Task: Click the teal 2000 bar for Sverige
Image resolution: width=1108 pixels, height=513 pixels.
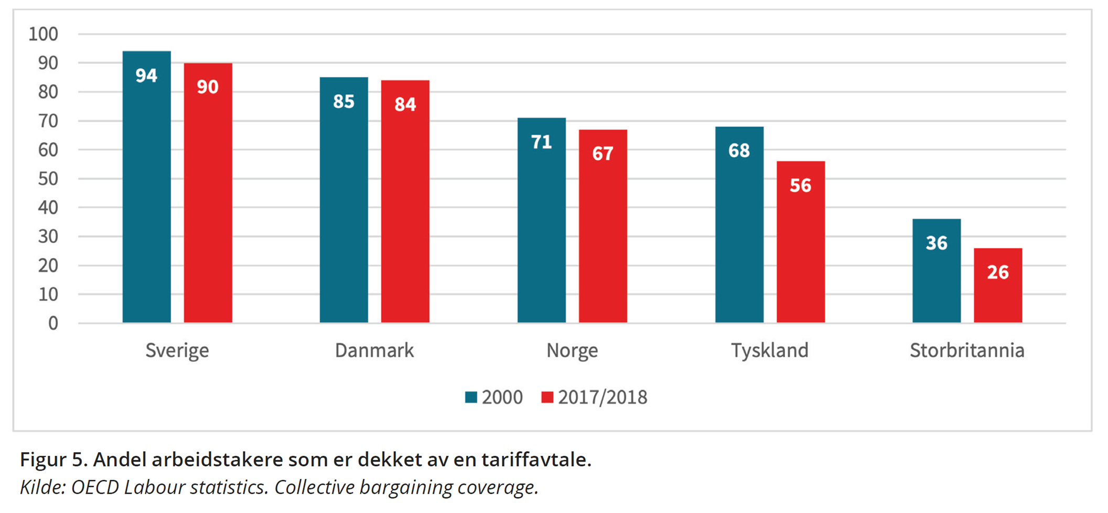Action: point(146,199)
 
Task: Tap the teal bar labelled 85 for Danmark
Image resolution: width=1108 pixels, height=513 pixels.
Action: point(343,210)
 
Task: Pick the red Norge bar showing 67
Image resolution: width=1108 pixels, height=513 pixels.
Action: point(603,236)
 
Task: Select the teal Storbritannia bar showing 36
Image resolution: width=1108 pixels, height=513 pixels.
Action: point(936,278)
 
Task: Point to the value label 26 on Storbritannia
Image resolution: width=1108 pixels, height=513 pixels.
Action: point(997,272)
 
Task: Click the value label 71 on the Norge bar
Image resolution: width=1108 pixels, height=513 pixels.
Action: point(541,142)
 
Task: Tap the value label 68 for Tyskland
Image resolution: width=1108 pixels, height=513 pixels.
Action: point(739,151)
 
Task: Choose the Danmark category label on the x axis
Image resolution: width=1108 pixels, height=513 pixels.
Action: point(374,350)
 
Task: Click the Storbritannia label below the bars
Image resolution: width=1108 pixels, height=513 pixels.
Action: point(966,350)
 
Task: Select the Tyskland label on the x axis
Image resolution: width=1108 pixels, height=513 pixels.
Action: point(769,350)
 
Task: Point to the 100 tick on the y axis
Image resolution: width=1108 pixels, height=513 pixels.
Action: point(43,34)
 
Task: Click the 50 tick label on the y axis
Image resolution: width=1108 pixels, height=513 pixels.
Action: point(48,179)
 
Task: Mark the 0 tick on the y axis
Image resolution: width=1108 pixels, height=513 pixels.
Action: point(53,323)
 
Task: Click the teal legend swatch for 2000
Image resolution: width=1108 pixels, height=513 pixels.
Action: point(471,397)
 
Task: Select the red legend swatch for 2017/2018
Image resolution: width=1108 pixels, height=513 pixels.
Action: point(547,397)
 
